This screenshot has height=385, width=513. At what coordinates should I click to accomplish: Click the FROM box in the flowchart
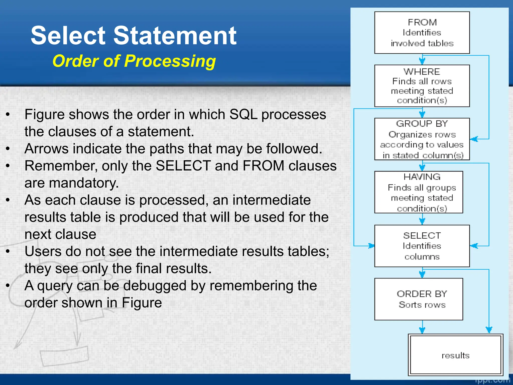click(422, 33)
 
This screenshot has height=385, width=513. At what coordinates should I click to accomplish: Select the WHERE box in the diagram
click(422, 86)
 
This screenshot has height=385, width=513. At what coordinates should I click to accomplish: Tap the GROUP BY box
click(422, 139)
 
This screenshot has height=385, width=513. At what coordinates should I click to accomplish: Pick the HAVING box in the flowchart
click(419, 192)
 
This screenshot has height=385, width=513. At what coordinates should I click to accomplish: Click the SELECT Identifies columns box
click(422, 246)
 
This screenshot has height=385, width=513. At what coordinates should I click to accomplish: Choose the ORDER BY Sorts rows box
click(419, 299)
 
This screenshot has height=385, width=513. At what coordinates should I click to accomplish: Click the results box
click(455, 355)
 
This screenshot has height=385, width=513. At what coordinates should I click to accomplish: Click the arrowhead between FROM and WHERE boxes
click(422, 61)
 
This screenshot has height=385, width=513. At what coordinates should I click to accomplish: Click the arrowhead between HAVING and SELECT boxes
click(422, 221)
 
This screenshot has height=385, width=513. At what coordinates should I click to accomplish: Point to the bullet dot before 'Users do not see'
click(8, 251)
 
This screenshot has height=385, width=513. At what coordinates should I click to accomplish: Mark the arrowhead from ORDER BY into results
click(422, 330)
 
